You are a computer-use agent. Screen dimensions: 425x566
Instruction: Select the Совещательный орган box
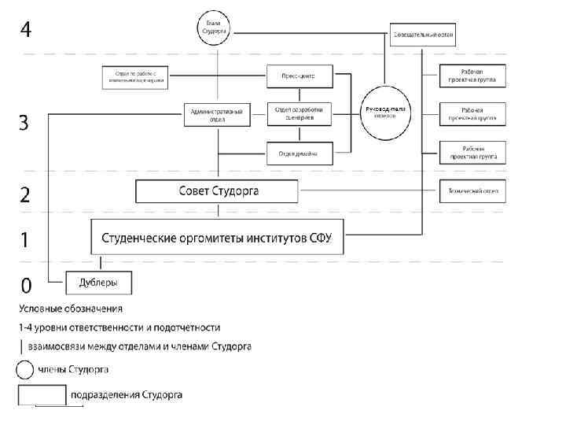(x=423, y=35)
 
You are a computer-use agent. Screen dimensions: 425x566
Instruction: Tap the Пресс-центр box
(x=298, y=76)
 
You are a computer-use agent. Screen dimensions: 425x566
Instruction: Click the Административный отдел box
(x=216, y=115)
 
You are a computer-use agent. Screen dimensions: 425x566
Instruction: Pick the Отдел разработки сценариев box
(x=299, y=113)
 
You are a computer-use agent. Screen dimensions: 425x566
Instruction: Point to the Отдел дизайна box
(x=298, y=153)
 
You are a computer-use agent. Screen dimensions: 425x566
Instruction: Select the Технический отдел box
(x=472, y=191)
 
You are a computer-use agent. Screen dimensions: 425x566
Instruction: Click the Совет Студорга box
(x=217, y=191)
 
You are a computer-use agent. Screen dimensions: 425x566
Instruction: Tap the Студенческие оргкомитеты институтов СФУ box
(x=217, y=238)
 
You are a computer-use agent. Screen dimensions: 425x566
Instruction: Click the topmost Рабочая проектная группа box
(x=472, y=76)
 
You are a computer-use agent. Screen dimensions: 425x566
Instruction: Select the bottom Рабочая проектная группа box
(x=472, y=153)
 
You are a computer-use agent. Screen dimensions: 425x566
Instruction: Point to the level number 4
(x=27, y=31)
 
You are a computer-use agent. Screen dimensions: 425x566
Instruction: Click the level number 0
(x=27, y=283)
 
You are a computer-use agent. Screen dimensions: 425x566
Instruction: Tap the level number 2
(x=26, y=195)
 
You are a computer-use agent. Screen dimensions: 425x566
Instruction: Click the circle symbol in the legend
(x=25, y=369)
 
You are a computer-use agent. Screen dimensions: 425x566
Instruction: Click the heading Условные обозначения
(x=71, y=309)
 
